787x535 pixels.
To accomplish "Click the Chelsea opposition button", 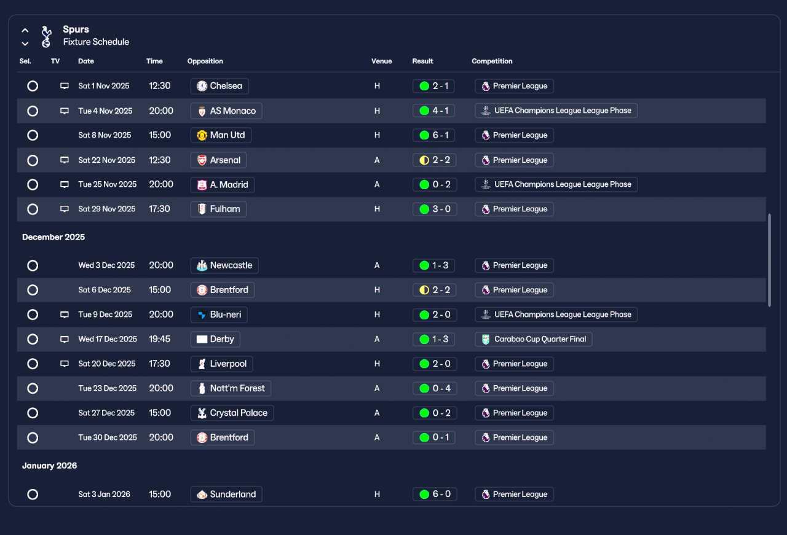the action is click(x=219, y=86).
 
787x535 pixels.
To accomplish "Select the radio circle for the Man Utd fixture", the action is click(x=33, y=135).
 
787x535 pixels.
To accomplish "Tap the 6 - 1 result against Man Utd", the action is click(x=433, y=135).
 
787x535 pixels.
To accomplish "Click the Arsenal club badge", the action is click(x=202, y=160).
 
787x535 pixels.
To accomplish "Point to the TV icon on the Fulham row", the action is click(x=65, y=209).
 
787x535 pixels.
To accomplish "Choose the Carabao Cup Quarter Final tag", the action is click(x=533, y=339).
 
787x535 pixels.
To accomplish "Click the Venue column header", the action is click(x=382, y=61).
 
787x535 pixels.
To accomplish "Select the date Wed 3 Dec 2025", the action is click(x=106, y=265).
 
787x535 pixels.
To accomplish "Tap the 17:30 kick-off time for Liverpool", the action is click(x=159, y=364).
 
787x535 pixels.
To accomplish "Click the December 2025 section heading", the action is click(x=53, y=237).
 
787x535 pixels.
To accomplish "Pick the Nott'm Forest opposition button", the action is click(x=231, y=388).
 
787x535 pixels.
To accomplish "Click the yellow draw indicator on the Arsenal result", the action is click(x=424, y=160).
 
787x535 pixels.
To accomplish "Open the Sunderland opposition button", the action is click(x=226, y=494).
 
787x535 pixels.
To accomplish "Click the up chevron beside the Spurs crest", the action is click(x=25, y=31).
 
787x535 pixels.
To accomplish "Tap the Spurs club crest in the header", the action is click(x=46, y=36).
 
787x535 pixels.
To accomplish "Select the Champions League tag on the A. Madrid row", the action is click(x=556, y=185).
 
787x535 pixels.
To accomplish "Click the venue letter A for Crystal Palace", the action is click(x=377, y=413).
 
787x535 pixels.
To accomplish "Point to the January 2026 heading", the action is click(x=50, y=466).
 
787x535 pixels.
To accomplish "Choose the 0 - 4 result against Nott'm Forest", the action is click(x=435, y=388).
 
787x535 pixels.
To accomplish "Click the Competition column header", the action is click(x=492, y=61).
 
